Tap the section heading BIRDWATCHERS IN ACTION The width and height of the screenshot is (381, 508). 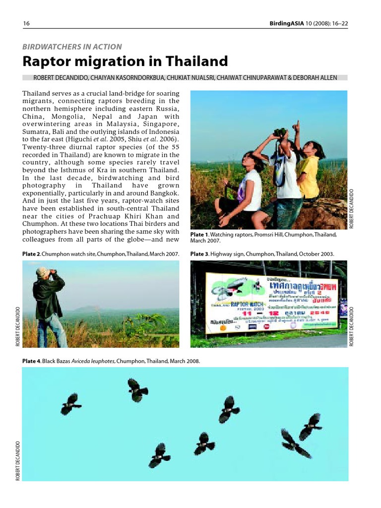[x=72, y=47]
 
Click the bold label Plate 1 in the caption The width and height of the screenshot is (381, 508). [x=199, y=234]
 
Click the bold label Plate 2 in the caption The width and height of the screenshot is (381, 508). [x=31, y=254]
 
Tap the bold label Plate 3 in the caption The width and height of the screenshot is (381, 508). [x=199, y=254]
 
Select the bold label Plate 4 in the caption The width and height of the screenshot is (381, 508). [x=31, y=361]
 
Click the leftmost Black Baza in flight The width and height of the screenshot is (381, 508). [x=70, y=404]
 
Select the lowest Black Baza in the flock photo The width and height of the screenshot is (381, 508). [x=159, y=455]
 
